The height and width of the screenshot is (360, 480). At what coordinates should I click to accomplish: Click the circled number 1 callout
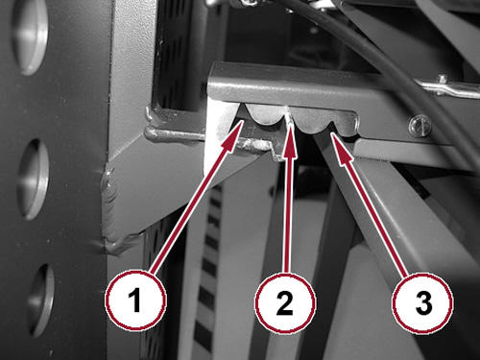[136, 300]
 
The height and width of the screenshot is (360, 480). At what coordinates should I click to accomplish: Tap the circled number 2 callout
[285, 302]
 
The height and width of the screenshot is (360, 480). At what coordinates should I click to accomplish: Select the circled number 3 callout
[423, 302]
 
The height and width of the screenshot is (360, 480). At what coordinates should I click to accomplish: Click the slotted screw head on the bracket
[420, 127]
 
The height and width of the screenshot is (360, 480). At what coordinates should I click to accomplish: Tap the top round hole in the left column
[31, 36]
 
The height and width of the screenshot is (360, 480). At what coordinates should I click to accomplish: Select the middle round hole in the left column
[33, 180]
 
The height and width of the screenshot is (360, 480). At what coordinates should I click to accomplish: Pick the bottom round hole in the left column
[41, 300]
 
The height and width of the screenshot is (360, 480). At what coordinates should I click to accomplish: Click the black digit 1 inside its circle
[135, 300]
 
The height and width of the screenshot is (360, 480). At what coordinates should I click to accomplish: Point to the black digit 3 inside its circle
[423, 302]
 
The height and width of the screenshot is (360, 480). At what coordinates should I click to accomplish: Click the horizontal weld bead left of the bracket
[175, 134]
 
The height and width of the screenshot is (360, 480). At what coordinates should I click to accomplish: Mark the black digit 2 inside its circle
[285, 302]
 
